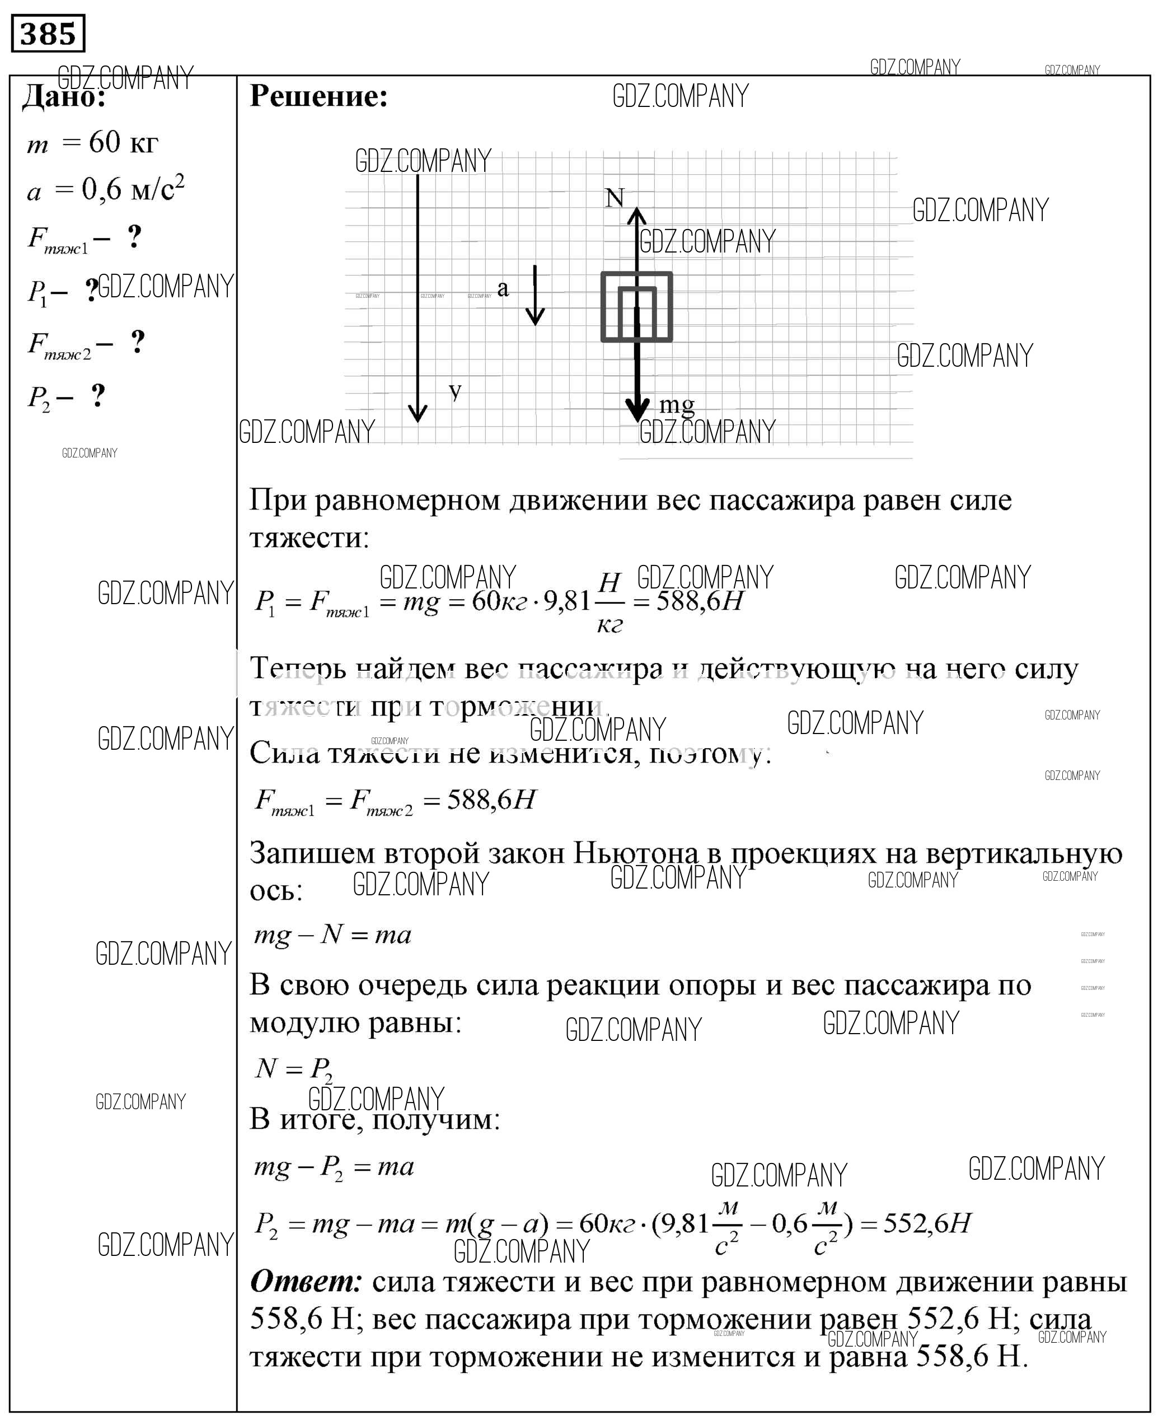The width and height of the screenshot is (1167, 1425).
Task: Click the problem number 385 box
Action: pos(48,33)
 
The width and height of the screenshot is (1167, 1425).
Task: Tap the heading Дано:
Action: pos(64,98)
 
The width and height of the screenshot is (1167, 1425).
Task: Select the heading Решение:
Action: pos(318,96)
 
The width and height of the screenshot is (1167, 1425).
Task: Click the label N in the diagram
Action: pos(615,198)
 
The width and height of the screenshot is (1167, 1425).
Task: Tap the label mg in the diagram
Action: pos(676,404)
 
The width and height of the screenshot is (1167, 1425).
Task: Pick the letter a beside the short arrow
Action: pos(503,288)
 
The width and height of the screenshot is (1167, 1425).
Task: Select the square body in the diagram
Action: pos(636,307)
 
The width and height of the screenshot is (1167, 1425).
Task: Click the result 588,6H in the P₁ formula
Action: pos(699,601)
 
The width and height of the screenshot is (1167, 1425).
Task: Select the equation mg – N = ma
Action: pos(332,935)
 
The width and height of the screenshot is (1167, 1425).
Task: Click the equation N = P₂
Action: pos(294,1068)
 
